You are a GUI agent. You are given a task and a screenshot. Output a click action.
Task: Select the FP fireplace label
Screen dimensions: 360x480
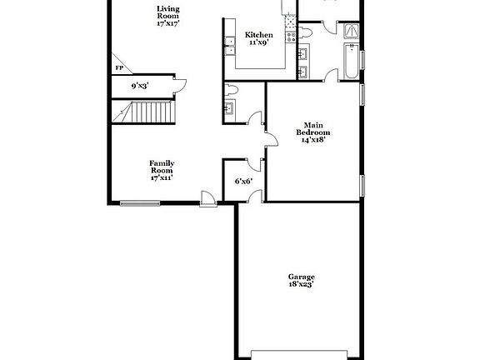pyautogui.click(x=119, y=67)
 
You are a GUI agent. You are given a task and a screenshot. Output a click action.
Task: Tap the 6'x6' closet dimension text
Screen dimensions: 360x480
pyautogui.click(x=243, y=181)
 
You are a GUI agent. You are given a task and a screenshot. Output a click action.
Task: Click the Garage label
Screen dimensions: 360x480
pyautogui.click(x=301, y=277)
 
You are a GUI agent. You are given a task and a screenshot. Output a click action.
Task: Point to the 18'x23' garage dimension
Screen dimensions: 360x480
pyautogui.click(x=301, y=285)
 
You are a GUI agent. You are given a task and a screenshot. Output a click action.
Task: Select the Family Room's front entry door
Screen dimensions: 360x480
pyautogui.click(x=208, y=197)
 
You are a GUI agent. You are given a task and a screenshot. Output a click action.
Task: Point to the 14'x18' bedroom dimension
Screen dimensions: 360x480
pyautogui.click(x=313, y=140)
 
